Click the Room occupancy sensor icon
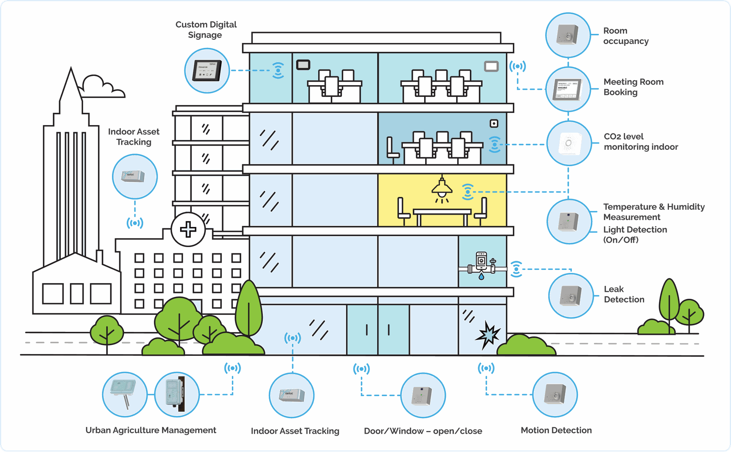[x=568, y=35]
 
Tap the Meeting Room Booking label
[x=633, y=87]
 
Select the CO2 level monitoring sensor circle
[x=569, y=143]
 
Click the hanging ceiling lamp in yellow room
[x=442, y=188]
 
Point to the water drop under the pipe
[x=482, y=276]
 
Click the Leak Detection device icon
[x=571, y=296]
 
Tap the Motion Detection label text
[x=556, y=430]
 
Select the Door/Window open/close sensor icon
[x=423, y=395]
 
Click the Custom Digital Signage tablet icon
[x=207, y=71]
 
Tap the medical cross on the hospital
[x=188, y=230]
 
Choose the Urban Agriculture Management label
[x=151, y=430]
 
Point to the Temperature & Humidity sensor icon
[x=569, y=221]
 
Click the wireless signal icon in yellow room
[x=468, y=192]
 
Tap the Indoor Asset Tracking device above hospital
[x=134, y=176]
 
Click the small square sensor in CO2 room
[x=494, y=124]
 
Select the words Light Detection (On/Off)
[x=635, y=235]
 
